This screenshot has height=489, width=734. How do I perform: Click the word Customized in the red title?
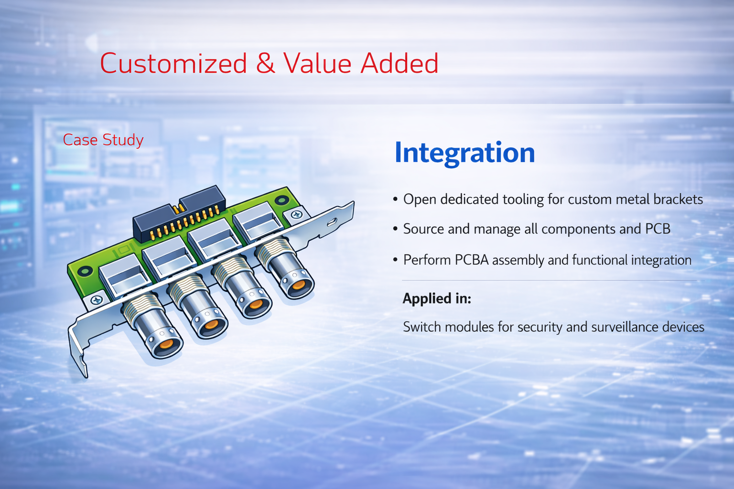click(x=173, y=63)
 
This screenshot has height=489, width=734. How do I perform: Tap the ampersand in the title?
click(x=265, y=63)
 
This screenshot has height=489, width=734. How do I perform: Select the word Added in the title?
click(x=399, y=63)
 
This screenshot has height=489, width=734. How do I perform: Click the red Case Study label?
click(x=103, y=140)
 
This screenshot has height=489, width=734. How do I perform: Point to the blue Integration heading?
click(x=464, y=153)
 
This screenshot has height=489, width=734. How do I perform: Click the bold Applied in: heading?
click(x=437, y=299)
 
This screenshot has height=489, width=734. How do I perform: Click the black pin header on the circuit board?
click(x=179, y=214)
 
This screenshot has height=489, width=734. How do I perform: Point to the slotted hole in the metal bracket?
click(x=332, y=222)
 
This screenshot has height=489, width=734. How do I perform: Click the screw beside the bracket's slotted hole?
click(x=297, y=215)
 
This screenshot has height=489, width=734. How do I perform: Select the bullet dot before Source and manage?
click(x=395, y=229)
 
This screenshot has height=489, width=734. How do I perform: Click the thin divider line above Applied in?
click(x=550, y=281)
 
